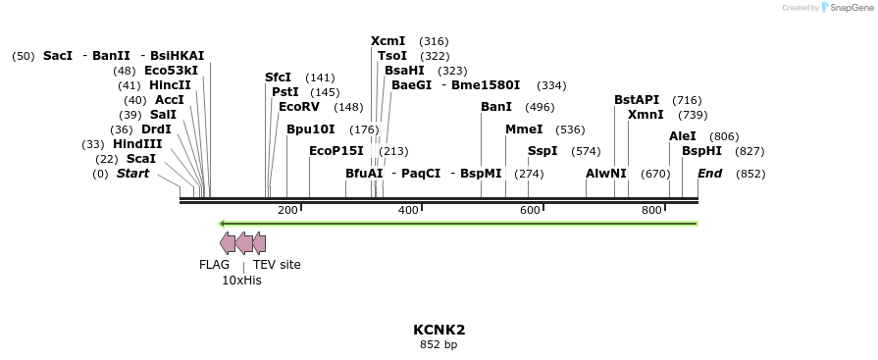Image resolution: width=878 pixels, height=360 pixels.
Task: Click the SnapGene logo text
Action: [848, 7]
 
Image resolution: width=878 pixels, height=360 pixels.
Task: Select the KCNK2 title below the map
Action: [439, 330]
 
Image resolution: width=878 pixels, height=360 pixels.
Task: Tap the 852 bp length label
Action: [439, 344]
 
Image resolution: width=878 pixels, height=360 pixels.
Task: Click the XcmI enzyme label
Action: [389, 41]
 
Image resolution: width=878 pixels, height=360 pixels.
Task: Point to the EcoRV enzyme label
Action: [299, 106]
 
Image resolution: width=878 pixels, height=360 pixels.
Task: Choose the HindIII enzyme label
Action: [137, 143]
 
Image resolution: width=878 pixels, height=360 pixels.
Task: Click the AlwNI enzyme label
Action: [605, 174]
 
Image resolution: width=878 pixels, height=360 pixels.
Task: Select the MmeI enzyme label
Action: [524, 129]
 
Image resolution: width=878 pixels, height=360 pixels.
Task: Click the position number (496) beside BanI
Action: [540, 106]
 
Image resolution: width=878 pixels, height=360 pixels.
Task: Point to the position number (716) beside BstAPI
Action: [687, 100]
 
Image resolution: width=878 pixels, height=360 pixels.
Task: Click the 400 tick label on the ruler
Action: [408, 211]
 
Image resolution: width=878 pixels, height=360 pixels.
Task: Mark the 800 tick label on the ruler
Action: [651, 211]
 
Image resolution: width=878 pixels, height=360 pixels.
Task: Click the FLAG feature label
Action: [214, 264]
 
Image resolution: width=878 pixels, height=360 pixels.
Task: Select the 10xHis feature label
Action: [241, 281]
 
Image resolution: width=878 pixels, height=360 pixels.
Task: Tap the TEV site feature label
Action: [277, 264]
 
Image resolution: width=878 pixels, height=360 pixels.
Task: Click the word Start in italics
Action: [133, 174]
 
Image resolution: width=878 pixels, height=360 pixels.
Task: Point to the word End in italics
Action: [709, 174]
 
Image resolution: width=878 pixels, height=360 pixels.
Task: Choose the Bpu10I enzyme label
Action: [311, 129]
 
